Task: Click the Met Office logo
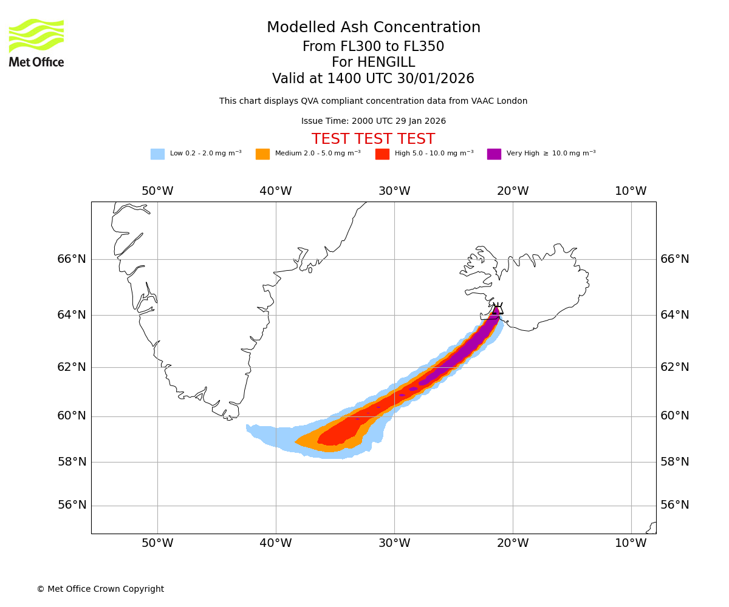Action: click(36, 42)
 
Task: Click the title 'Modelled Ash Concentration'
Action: click(373, 28)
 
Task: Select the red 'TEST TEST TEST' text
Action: click(373, 139)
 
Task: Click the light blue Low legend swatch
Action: click(157, 154)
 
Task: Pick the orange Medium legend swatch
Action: click(262, 154)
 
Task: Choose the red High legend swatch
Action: click(382, 154)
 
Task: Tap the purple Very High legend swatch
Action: click(494, 154)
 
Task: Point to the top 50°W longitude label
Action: click(157, 191)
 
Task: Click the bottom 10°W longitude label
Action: click(631, 543)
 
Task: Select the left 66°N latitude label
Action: click(72, 259)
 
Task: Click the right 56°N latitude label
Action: click(675, 505)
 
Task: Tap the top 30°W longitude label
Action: click(394, 191)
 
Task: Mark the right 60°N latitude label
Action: click(675, 416)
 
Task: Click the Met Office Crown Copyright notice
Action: click(100, 589)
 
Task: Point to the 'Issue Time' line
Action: click(373, 121)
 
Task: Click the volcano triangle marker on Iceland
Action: click(498, 309)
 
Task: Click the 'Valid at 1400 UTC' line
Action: click(373, 79)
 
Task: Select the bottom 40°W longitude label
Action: click(276, 543)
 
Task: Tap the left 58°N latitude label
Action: click(72, 462)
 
